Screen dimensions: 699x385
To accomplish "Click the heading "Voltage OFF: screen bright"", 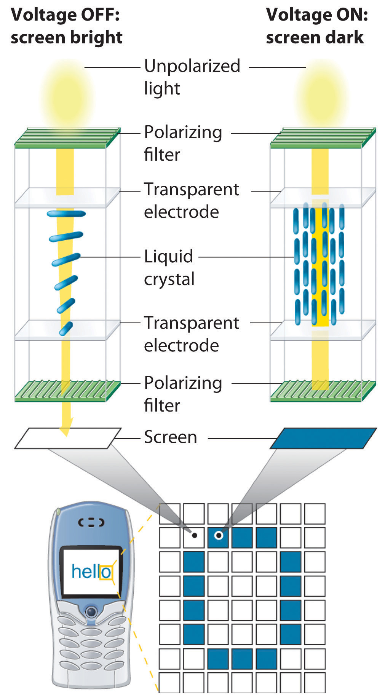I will point(66,26).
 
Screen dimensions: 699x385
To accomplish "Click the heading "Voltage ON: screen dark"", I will point(317,26).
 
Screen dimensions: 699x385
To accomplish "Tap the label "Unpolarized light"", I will point(192,77).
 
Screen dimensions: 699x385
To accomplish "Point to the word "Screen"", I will point(170,437).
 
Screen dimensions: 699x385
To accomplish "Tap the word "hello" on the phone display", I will point(91,571).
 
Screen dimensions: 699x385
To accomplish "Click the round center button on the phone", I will point(91,612).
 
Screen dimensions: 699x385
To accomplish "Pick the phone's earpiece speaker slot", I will point(91,523).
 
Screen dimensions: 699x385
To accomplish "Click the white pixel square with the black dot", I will point(194,537).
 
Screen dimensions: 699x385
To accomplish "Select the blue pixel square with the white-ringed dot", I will point(219,537).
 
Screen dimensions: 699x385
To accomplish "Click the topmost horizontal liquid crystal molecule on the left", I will point(66,214).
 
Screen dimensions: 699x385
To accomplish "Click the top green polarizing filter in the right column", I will point(323,138).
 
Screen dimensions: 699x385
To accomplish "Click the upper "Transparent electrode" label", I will point(191,200).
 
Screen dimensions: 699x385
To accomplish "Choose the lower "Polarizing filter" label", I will point(183,394).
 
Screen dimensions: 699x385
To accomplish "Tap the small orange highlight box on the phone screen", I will point(105,572).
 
